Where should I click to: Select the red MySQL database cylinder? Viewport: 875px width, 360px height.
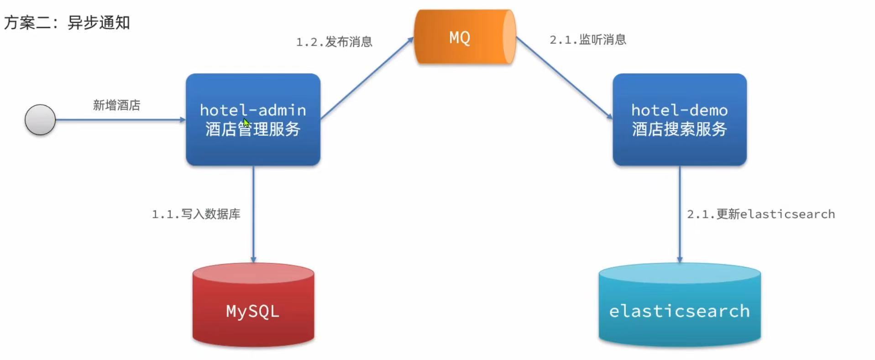pyautogui.click(x=253, y=306)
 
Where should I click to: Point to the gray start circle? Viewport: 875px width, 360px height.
pyautogui.click(x=40, y=120)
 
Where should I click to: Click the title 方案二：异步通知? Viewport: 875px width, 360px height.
pyautogui.click(x=67, y=22)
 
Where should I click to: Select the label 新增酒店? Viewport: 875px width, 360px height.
pyautogui.click(x=116, y=105)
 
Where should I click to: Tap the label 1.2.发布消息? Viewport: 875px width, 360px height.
pyautogui.click(x=334, y=42)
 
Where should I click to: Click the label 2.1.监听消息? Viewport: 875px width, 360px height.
pyautogui.click(x=587, y=40)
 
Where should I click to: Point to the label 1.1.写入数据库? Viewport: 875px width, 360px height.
pyautogui.click(x=196, y=214)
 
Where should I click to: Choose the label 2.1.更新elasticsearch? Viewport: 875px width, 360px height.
pyautogui.click(x=760, y=214)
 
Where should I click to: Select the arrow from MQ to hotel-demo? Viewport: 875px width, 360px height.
pyautogui.click(x=564, y=78)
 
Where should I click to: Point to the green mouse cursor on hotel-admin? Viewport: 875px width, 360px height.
pyautogui.click(x=246, y=123)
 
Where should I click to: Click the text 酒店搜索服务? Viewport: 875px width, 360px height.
pyautogui.click(x=679, y=129)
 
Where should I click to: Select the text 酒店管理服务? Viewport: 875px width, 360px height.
pyautogui.click(x=253, y=130)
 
